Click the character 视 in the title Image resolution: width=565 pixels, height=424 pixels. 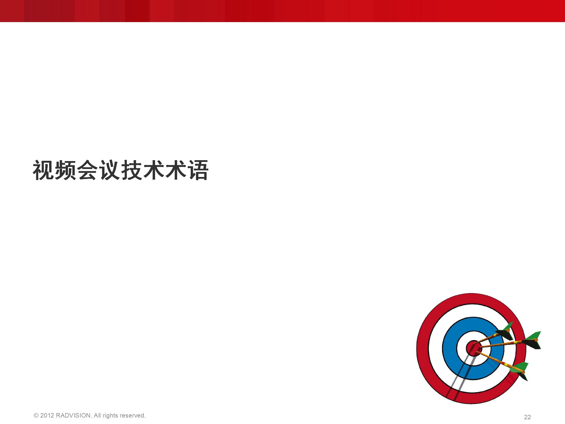point(43,170)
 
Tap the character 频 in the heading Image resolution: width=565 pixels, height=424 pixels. point(65,170)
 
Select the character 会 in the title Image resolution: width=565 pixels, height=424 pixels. point(87,170)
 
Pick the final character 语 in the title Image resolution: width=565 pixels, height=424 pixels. point(198,170)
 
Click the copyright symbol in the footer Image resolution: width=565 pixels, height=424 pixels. point(36,415)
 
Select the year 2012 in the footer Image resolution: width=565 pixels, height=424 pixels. point(47,415)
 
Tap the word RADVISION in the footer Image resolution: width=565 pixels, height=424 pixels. point(74,415)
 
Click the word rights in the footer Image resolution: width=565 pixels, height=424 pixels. point(110,416)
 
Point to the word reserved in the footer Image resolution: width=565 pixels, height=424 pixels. point(132,415)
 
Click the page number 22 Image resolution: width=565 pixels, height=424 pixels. point(527,417)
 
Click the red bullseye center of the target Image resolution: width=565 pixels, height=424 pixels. point(473,348)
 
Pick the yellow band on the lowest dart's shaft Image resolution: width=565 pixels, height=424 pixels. point(506,365)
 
